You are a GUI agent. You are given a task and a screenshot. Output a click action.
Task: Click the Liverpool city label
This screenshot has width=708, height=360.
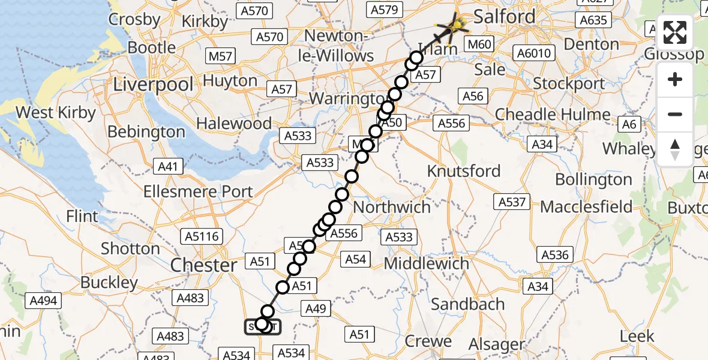tap(154, 84)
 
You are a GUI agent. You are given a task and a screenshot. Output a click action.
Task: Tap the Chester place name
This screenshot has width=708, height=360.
tap(204, 265)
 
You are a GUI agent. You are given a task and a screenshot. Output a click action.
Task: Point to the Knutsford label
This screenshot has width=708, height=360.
tap(463, 171)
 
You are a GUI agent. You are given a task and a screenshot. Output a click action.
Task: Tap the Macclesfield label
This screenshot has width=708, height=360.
tap(586, 207)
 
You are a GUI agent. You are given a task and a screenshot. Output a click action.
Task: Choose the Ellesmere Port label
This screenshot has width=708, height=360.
tap(198, 192)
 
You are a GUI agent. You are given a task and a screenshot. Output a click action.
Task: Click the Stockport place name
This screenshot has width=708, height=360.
tap(569, 83)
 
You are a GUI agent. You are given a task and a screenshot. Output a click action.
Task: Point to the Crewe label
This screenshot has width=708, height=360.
tap(428, 342)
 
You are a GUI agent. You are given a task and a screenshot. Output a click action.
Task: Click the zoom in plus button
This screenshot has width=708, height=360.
tap(675, 79)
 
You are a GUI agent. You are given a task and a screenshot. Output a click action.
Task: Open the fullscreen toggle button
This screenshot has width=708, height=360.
tap(675, 32)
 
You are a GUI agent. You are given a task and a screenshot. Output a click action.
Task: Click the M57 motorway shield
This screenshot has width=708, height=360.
tap(220, 56)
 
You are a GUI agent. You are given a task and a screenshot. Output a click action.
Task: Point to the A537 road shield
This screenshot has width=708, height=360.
tap(512, 202)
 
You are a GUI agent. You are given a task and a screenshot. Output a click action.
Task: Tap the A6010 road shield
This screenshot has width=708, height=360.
tap(533, 54)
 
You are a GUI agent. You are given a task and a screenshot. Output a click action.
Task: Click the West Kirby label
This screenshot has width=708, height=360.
tap(56, 113)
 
